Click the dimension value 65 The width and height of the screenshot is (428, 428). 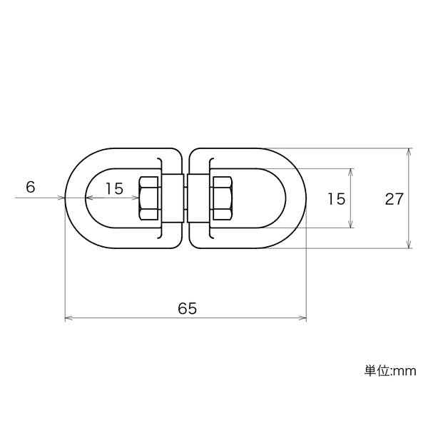tap(187, 308)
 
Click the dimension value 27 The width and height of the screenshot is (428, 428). tap(394, 198)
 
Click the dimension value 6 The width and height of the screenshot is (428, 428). tap(31, 187)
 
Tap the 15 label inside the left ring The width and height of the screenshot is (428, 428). tap(114, 188)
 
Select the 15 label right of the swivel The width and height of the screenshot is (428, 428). tap(336, 198)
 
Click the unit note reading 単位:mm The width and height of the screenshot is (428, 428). tap(390, 371)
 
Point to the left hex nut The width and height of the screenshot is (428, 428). tap(149, 198)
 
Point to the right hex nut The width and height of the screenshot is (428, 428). tap(223, 198)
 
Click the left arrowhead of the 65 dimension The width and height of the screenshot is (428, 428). tap(68, 317)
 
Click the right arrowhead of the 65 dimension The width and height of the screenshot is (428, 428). tap(303, 317)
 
